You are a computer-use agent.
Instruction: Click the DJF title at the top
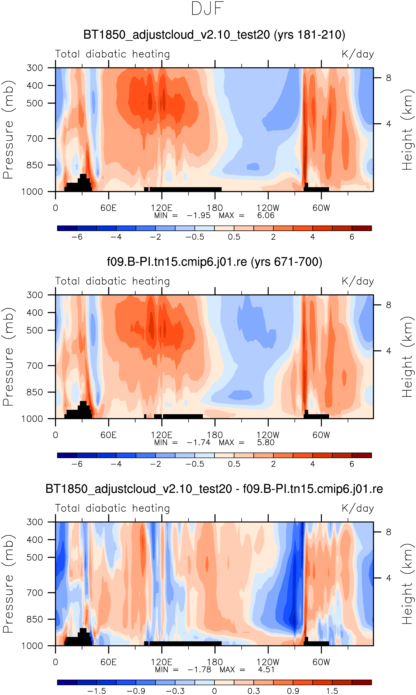208,9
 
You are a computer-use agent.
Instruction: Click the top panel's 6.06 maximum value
265,215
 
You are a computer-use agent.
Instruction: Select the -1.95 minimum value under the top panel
198,215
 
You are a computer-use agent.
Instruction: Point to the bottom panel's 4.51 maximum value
266,670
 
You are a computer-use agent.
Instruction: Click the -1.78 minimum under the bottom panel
199,670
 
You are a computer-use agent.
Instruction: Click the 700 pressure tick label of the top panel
35,138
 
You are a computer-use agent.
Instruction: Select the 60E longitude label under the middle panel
108,435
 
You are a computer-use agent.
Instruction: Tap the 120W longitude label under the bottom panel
268,662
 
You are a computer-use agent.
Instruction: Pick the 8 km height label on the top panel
388,78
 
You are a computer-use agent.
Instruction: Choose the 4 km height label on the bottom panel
388,578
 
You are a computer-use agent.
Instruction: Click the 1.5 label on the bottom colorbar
332,691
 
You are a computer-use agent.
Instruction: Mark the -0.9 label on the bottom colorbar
136,691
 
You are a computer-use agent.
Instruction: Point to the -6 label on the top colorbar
77,237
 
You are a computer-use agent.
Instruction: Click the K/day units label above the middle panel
358,281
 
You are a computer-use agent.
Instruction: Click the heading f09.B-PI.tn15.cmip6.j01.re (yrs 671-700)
215,262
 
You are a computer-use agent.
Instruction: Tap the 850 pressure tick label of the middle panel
35,392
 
